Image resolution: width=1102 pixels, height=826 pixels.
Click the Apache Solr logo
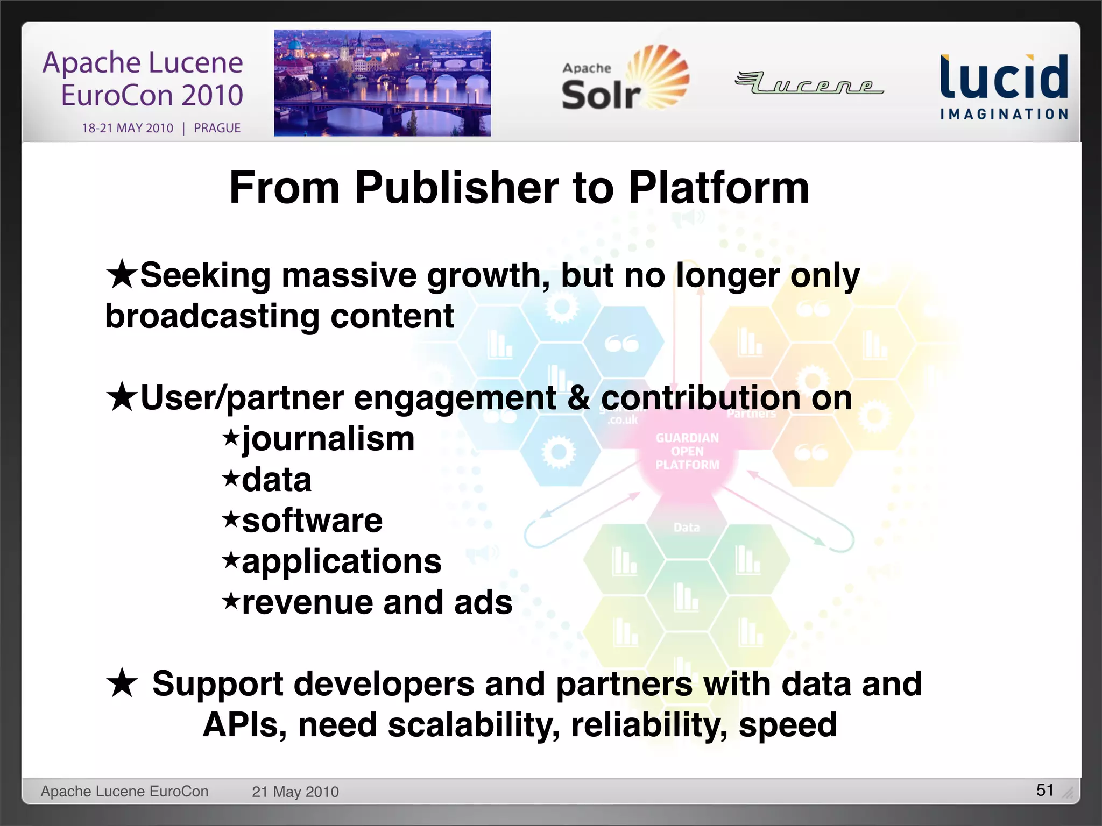pyautogui.click(x=624, y=80)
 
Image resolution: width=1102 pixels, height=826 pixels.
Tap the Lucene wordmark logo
pyautogui.click(x=809, y=83)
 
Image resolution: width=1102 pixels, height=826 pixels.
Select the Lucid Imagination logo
pyautogui.click(x=1004, y=86)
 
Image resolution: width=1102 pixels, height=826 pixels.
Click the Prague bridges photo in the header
pyautogui.click(x=382, y=83)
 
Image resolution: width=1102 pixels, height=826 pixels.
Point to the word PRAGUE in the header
pyautogui.click(x=217, y=128)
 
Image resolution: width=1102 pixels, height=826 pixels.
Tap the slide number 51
pyautogui.click(x=1044, y=789)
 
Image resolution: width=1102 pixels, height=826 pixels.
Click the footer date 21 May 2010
pyautogui.click(x=295, y=792)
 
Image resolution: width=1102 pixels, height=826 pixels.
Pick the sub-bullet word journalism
pyautogui.click(x=328, y=440)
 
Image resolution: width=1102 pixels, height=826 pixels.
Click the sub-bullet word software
pyautogui.click(x=312, y=521)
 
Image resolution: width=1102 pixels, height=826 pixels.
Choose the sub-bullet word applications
pyautogui.click(x=342, y=562)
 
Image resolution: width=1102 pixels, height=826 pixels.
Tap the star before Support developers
pyautogui.click(x=122, y=682)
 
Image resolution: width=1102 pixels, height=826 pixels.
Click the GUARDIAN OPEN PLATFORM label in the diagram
pyautogui.click(x=687, y=452)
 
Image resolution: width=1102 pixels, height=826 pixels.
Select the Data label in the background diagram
pyautogui.click(x=687, y=528)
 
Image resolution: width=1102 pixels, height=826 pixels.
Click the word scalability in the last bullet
pyautogui.click(x=474, y=725)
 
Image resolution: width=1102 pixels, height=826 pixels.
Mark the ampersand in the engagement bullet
pyautogui.click(x=578, y=398)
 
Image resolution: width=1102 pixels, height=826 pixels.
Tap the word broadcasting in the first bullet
pyautogui.click(x=212, y=316)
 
